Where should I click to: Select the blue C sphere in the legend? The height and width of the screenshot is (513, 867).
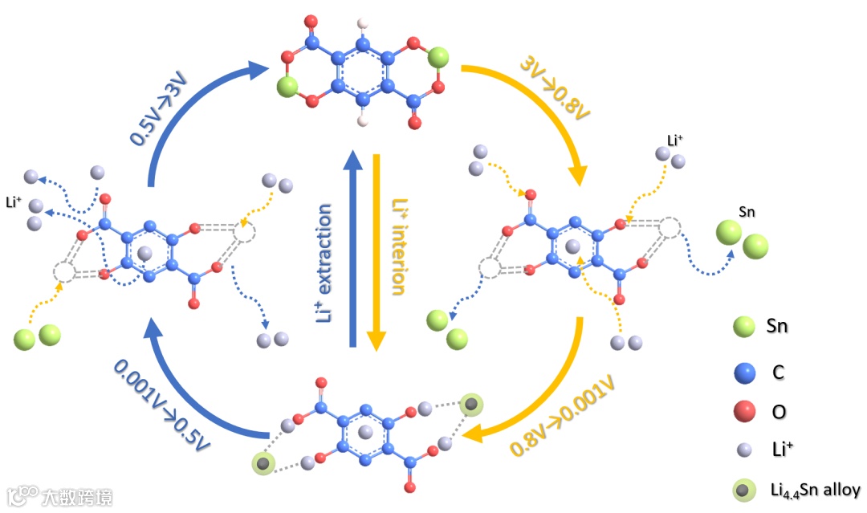745,371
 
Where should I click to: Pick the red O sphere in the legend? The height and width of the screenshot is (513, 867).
745,412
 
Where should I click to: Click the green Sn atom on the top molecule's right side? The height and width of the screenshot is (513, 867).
438,58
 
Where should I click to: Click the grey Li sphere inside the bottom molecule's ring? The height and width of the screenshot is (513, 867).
366,432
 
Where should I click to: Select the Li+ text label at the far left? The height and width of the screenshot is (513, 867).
14,202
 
